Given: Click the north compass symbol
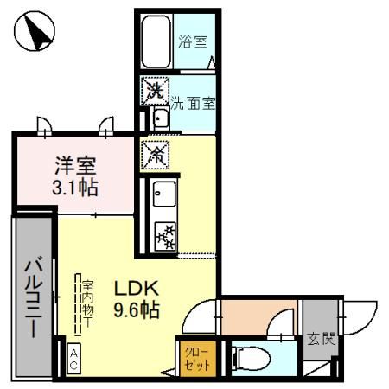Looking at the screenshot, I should click(x=35, y=34).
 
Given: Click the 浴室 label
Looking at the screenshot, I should click(x=192, y=41).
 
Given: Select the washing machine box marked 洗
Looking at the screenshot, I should click(x=155, y=90).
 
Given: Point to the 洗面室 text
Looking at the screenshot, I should click(x=191, y=102).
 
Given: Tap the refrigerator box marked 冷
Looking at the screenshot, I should click(x=156, y=155).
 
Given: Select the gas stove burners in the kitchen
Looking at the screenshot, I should click(x=164, y=233).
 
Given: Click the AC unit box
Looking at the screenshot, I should click(x=73, y=359).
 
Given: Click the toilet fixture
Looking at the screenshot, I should click(x=246, y=356).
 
